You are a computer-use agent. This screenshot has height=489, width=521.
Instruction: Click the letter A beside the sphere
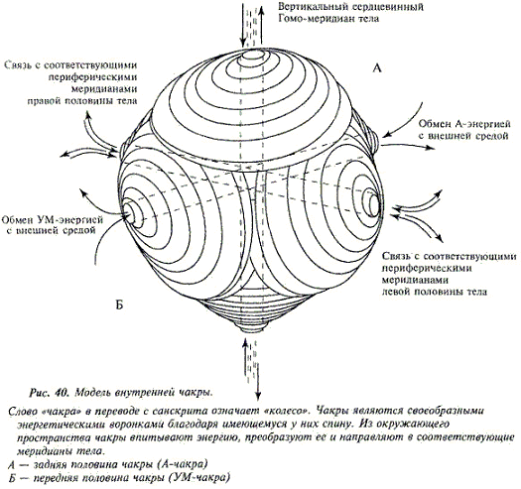377,68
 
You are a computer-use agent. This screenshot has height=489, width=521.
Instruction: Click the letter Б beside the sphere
119,305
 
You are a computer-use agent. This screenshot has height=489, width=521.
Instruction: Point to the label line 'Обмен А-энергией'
464,124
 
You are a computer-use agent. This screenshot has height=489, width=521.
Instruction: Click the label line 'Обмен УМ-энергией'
53,219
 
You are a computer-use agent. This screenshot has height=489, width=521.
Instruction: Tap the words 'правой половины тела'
82,100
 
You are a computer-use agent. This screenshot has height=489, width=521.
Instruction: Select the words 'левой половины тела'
435,292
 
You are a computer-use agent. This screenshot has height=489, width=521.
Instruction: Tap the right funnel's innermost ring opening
373,203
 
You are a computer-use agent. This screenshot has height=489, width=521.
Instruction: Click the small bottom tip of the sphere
250,327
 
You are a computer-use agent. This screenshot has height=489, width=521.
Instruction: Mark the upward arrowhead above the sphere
262,10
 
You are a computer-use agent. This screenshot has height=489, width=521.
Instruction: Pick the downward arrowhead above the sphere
243,43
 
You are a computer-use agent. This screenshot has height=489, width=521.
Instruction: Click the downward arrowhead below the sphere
258,396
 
